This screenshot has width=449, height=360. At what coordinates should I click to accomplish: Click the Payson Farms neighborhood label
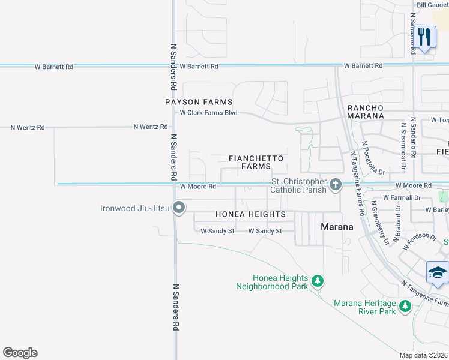(x=199, y=102)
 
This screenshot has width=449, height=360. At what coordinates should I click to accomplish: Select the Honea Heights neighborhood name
(x=250, y=214)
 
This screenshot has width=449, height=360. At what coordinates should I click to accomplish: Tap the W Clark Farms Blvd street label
(x=209, y=113)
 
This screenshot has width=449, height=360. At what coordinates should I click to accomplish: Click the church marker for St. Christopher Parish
(x=336, y=185)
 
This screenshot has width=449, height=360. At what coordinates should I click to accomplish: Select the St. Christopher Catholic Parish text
(x=299, y=185)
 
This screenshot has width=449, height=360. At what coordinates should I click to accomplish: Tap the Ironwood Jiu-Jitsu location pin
(x=179, y=208)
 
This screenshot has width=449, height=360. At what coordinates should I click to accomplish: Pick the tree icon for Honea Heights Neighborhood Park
(x=318, y=280)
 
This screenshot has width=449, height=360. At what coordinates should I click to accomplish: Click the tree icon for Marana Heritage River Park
(x=405, y=307)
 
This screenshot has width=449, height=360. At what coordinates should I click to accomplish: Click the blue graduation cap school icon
(x=437, y=272)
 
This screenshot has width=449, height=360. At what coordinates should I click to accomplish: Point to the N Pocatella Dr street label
(x=372, y=157)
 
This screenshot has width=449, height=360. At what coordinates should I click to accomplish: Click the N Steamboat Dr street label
(x=402, y=139)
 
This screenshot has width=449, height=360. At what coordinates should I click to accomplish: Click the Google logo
(x=20, y=353)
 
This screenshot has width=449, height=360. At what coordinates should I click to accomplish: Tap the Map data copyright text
(x=424, y=355)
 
